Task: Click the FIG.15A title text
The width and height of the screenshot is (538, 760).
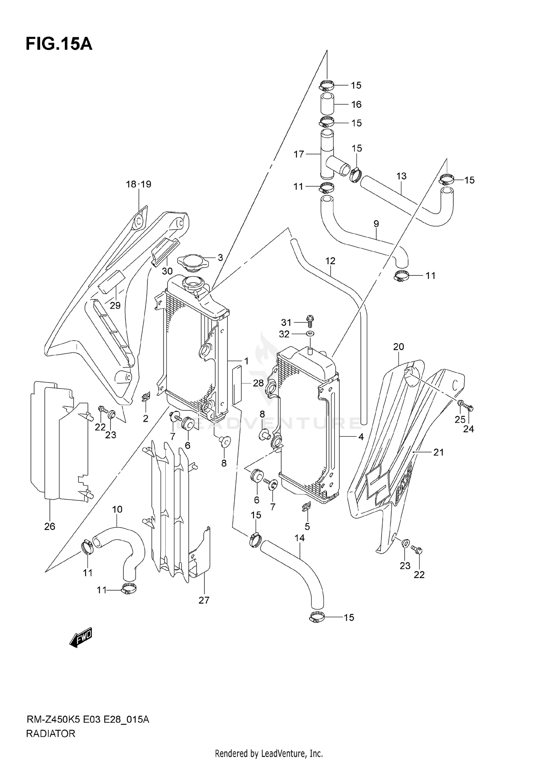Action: pyautogui.click(x=59, y=44)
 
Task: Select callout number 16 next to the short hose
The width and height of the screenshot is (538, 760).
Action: pyautogui.click(x=356, y=105)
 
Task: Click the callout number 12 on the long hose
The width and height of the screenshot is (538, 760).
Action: pyautogui.click(x=330, y=261)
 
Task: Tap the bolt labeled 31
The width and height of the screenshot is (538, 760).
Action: pyautogui.click(x=310, y=321)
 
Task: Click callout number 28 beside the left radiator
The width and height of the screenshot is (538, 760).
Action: pyautogui.click(x=258, y=383)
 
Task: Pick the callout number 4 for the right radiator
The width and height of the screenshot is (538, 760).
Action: pyautogui.click(x=361, y=437)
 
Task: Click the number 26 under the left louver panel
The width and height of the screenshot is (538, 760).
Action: pyautogui.click(x=50, y=526)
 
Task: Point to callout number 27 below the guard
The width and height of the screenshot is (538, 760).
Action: pyautogui.click(x=204, y=600)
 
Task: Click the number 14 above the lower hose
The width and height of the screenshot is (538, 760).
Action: pyautogui.click(x=299, y=538)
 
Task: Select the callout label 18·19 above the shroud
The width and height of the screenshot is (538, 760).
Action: pyautogui.click(x=138, y=184)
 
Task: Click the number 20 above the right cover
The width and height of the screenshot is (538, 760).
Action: pyautogui.click(x=398, y=347)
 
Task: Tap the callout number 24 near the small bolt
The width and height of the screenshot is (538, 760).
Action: pyautogui.click(x=468, y=429)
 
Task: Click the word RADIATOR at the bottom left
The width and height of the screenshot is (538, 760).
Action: pyautogui.click(x=51, y=734)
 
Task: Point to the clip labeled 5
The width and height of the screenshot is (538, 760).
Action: pyautogui.click(x=306, y=506)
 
